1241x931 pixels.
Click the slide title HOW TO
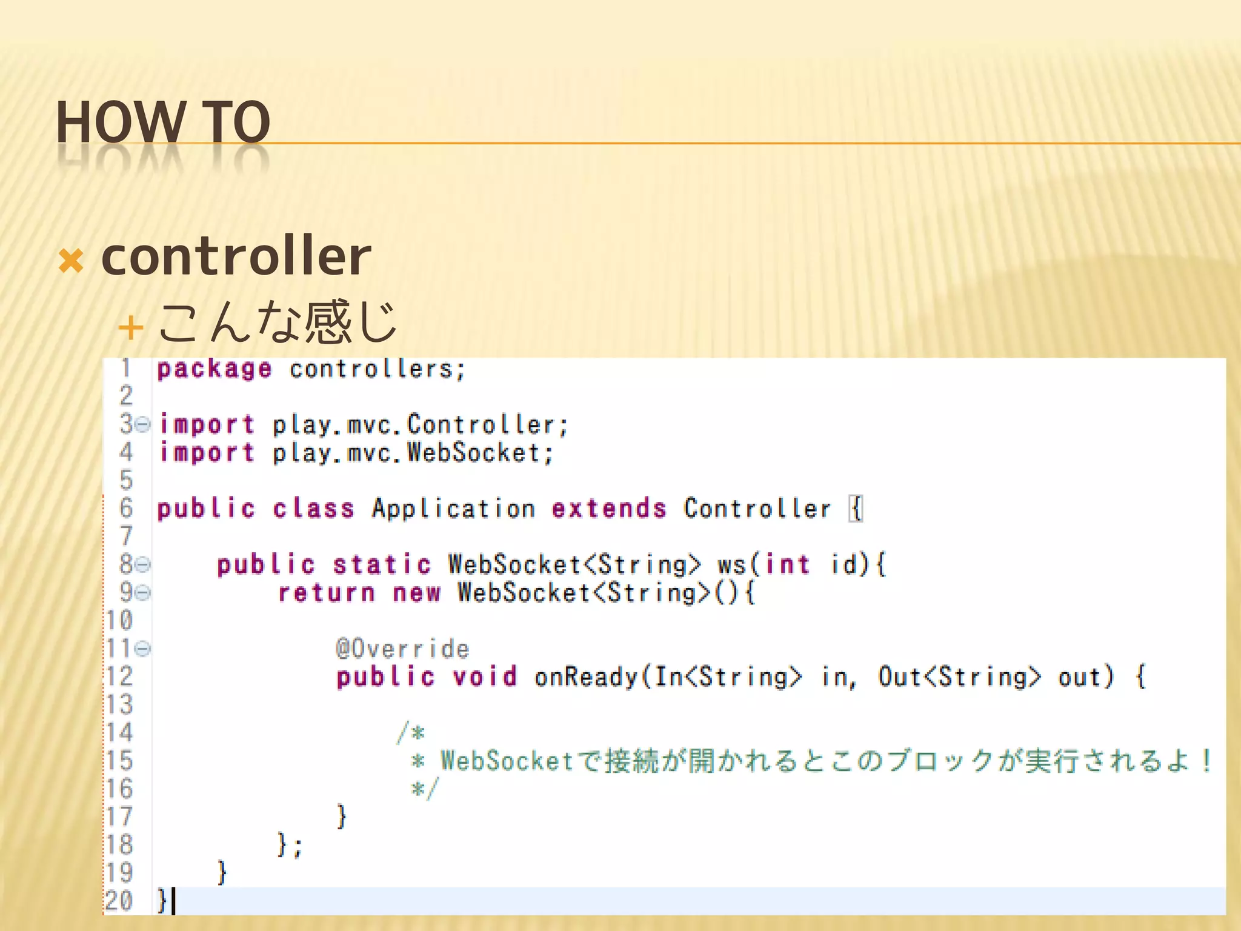click(x=162, y=122)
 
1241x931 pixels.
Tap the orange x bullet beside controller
click(x=71, y=261)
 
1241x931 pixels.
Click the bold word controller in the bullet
click(x=236, y=256)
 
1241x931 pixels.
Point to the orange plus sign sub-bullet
click(x=130, y=329)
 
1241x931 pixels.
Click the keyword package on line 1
click(x=215, y=369)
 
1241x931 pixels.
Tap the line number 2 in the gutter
click(x=126, y=396)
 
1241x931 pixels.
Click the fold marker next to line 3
click(x=142, y=424)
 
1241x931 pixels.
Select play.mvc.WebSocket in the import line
click(x=412, y=453)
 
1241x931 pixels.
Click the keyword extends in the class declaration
click(x=609, y=509)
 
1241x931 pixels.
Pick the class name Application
click(x=453, y=509)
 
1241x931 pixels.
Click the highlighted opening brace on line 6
click(x=856, y=509)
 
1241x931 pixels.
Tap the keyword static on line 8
click(x=382, y=565)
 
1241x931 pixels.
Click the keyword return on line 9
click(x=327, y=593)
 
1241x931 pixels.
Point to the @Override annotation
click(x=402, y=649)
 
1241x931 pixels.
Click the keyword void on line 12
click(x=485, y=677)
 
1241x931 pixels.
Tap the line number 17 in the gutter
click(x=119, y=817)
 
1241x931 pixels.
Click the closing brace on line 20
click(x=162, y=901)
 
